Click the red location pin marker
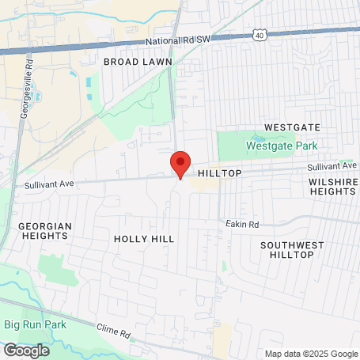pyautogui.click(x=180, y=164)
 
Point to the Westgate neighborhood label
pyautogui.click(x=292, y=127)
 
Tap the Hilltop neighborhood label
pyautogui.click(x=219, y=172)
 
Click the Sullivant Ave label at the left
pyautogui.click(x=48, y=184)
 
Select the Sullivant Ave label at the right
pyautogui.click(x=332, y=166)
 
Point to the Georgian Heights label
pyautogui.click(x=45, y=231)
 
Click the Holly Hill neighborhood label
pyautogui.click(x=144, y=238)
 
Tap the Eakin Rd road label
pyautogui.click(x=242, y=225)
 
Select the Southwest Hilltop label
pyautogui.click(x=292, y=250)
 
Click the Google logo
pyautogui.click(x=26, y=350)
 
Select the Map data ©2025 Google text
pyautogui.click(x=310, y=354)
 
